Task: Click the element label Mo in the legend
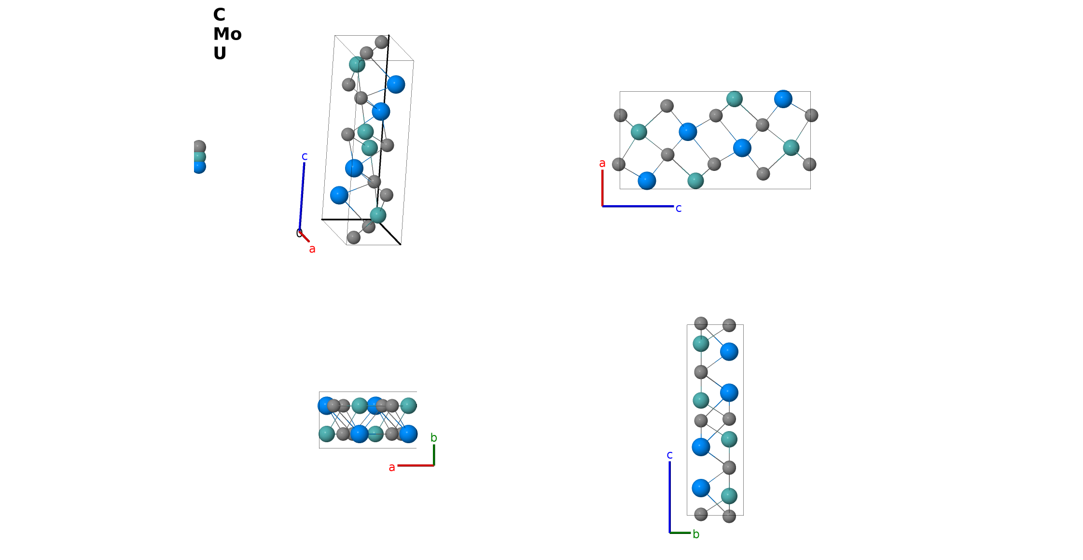pyautogui.click(x=227, y=34)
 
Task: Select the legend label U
pyautogui.click(x=220, y=53)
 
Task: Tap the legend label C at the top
pyautogui.click(x=219, y=14)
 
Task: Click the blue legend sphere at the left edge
pyautogui.click(x=199, y=167)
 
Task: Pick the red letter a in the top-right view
pyautogui.click(x=602, y=164)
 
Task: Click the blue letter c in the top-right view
pyautogui.click(x=678, y=208)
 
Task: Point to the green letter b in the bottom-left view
pyautogui.click(x=433, y=437)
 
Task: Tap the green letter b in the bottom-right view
pyautogui.click(x=695, y=534)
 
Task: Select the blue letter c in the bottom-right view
pyautogui.click(x=669, y=455)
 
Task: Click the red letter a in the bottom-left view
pyautogui.click(x=391, y=467)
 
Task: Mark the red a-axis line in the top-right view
pyautogui.click(x=602, y=188)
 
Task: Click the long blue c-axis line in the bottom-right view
pyautogui.click(x=669, y=497)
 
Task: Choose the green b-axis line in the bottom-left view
pyautogui.click(x=434, y=455)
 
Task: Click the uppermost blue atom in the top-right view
pyautogui.click(x=783, y=99)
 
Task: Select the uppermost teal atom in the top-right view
pyautogui.click(x=734, y=99)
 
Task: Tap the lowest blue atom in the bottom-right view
pyautogui.click(x=701, y=488)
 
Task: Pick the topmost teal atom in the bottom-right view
pyautogui.click(x=701, y=344)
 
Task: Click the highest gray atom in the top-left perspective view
pyautogui.click(x=381, y=42)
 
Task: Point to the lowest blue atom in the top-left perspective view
pyautogui.click(x=339, y=195)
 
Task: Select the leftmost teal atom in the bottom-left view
pyautogui.click(x=327, y=434)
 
